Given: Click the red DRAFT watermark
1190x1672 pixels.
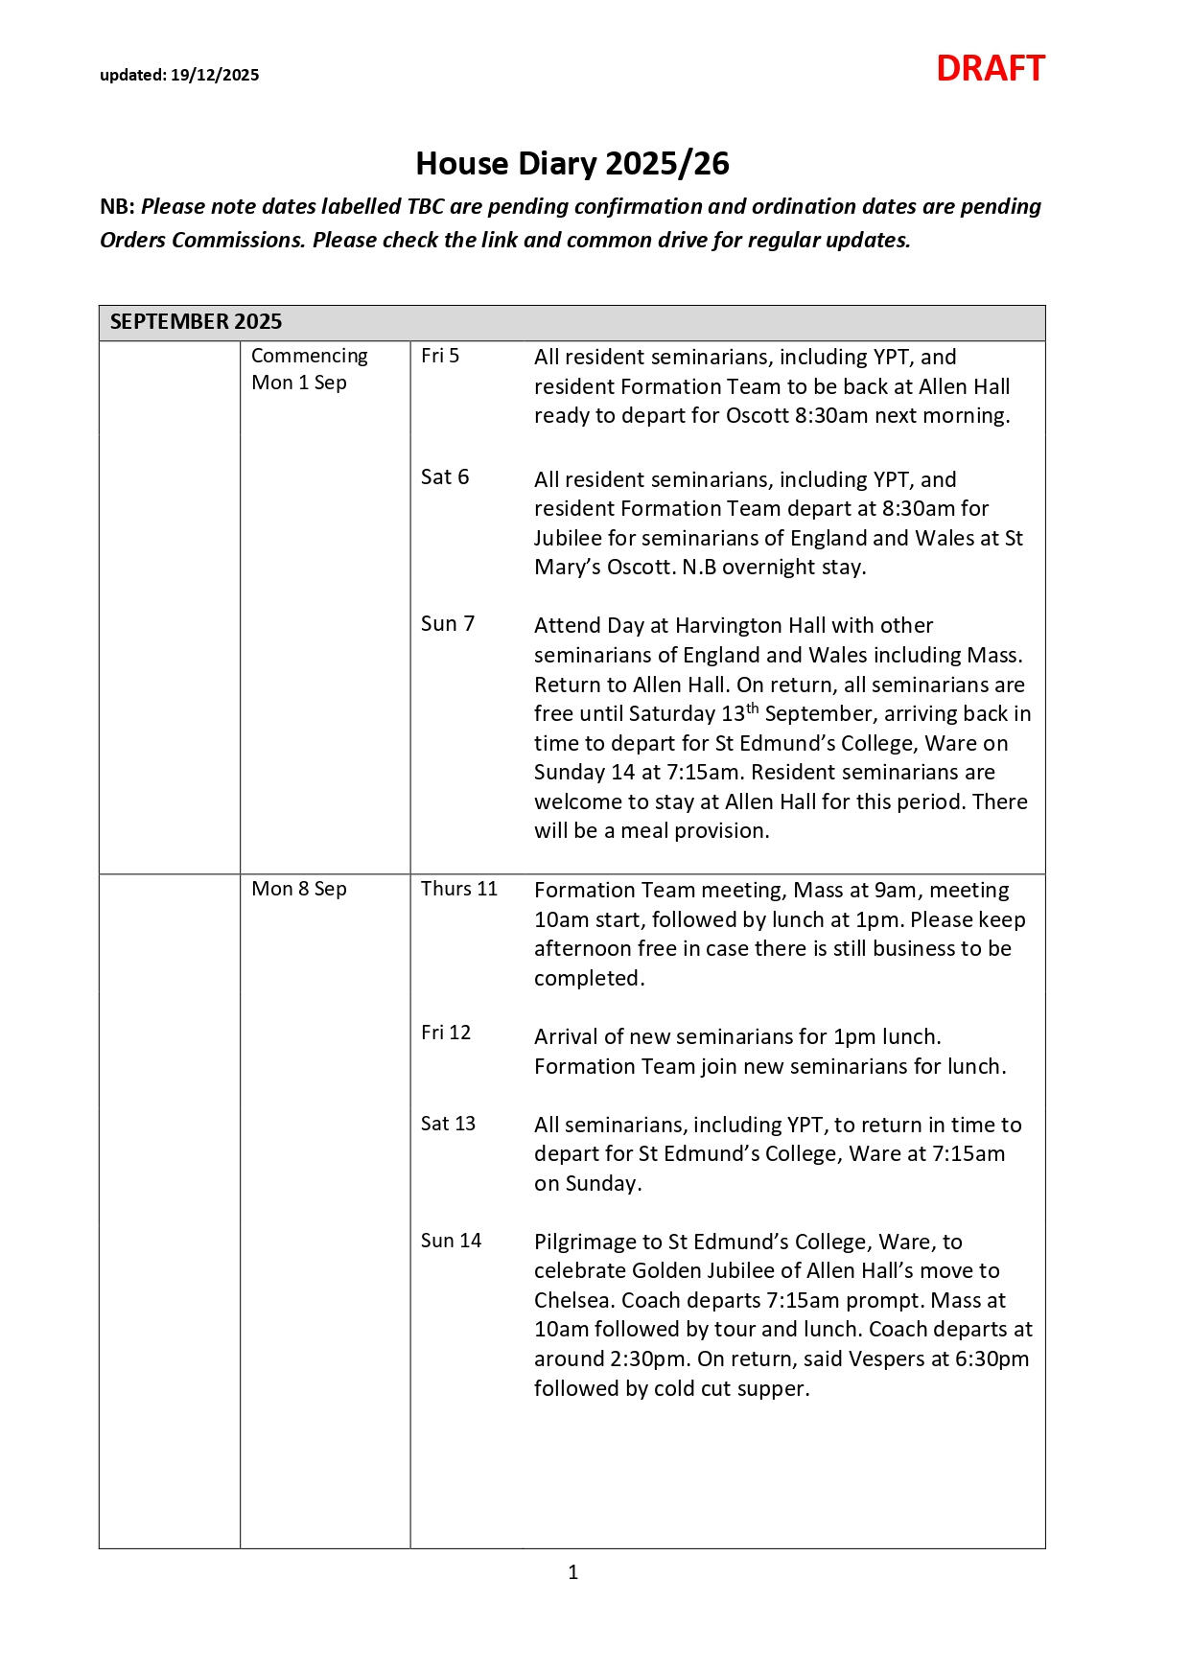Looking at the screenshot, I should click(990, 69).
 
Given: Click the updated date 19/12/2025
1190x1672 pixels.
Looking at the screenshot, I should click(215, 76).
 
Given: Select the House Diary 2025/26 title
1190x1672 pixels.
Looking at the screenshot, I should click(572, 164).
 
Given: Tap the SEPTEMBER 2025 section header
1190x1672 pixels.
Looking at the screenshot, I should click(196, 321).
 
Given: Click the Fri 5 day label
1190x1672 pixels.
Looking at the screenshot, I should click(440, 356).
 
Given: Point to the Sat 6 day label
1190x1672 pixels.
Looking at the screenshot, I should click(445, 477).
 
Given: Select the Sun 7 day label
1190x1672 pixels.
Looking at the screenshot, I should click(448, 624).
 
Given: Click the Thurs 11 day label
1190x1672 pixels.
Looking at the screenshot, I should click(459, 889).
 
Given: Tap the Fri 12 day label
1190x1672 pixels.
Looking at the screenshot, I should click(446, 1033).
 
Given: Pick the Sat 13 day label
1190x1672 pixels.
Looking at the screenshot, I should click(448, 1124).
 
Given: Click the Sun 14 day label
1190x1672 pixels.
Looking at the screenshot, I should click(451, 1241).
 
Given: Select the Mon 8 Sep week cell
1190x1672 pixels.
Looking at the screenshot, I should click(299, 889).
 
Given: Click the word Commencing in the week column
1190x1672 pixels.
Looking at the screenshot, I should click(309, 356).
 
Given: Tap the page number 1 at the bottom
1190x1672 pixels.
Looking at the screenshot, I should click(573, 1572).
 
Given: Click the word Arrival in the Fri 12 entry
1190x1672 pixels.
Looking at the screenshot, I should click(564, 1037).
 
